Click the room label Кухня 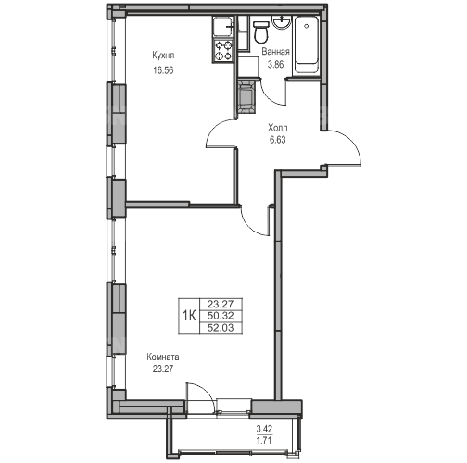(x=163, y=56)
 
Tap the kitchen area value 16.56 (x=163, y=70)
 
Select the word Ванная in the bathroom (x=275, y=52)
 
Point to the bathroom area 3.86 (x=275, y=65)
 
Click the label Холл (x=278, y=128)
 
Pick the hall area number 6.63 (x=278, y=140)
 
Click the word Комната (x=163, y=357)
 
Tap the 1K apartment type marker (x=189, y=316)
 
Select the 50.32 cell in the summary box (x=221, y=316)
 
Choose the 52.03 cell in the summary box (x=221, y=328)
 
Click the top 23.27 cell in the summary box (x=221, y=305)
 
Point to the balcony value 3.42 (x=264, y=429)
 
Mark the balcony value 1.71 (x=264, y=440)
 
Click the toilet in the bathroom (x=260, y=31)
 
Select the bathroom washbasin (x=281, y=23)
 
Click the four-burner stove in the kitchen (x=223, y=51)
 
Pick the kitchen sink (x=223, y=27)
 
